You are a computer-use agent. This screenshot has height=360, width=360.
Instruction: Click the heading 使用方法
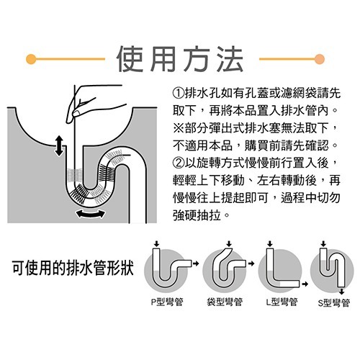pos(179,57)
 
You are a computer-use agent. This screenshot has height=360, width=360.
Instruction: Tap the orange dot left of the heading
pos(30,57)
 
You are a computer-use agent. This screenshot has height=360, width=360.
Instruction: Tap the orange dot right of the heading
pos(331,57)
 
